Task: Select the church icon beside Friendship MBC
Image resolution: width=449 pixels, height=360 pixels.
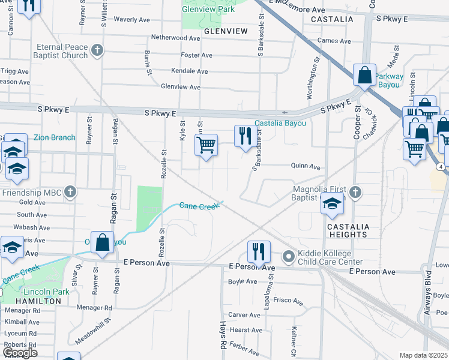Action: click(x=70, y=192)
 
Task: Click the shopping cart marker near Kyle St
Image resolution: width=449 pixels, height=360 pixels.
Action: click(x=206, y=145)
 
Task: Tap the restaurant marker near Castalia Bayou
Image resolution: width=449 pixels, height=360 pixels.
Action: click(x=245, y=136)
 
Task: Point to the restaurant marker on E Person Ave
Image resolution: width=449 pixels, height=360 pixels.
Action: click(x=259, y=251)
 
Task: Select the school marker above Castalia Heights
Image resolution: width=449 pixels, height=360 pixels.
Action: click(x=332, y=204)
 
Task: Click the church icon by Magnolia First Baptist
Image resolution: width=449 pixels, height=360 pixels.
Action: click(x=355, y=192)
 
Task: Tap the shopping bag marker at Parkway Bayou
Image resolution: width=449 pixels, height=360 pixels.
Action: click(x=364, y=76)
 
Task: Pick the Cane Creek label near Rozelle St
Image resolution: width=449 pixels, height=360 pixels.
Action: click(x=199, y=206)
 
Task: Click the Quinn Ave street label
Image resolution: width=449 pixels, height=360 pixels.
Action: click(x=306, y=167)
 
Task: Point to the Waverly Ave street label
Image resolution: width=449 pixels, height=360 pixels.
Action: click(x=131, y=20)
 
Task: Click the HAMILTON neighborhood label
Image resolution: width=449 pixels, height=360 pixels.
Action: click(x=38, y=301)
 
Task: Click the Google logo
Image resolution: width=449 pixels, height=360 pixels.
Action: click(x=19, y=353)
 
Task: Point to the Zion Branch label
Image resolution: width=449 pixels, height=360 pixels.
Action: click(x=54, y=138)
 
